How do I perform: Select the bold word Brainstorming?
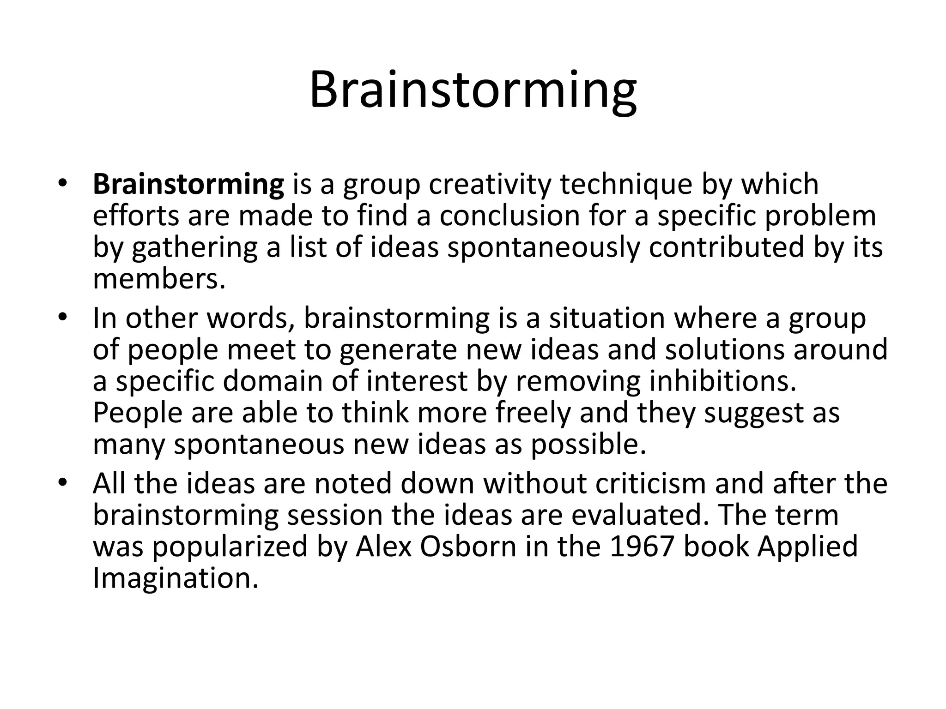(188, 184)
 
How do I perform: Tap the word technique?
(626, 184)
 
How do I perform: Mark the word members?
(159, 278)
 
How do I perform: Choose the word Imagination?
(175, 577)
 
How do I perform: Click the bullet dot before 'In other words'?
(63, 318)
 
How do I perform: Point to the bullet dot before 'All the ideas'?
(63, 483)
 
